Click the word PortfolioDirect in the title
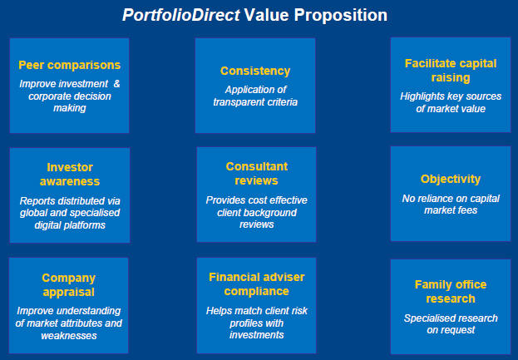181,15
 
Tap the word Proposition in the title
341,15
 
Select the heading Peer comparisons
69,65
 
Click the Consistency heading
255,71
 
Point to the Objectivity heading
451,179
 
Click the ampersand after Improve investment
116,84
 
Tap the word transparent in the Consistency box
237,102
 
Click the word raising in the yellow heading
451,78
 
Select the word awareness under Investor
70,181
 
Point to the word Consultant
257,166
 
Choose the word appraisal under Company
69,293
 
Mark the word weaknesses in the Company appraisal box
69,336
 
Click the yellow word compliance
257,291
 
